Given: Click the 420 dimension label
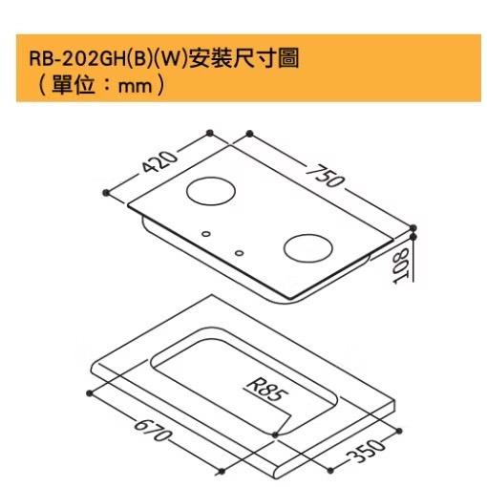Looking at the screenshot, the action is (x=159, y=161).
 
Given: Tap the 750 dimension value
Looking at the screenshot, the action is (x=325, y=176).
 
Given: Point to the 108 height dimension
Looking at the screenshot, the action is (x=402, y=265).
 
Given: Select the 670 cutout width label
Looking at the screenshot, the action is (x=154, y=430).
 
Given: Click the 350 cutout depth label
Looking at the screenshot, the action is (x=366, y=450).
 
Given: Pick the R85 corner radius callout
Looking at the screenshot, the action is (x=267, y=391).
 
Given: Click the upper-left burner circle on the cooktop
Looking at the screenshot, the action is (x=211, y=191).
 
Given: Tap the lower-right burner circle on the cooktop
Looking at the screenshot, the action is (x=308, y=248).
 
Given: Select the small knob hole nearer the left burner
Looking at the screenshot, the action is (x=206, y=234).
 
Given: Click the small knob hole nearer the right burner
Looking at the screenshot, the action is (x=239, y=253).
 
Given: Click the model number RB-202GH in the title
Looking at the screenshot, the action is (x=77, y=59).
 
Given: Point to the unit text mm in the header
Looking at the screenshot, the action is (x=135, y=87).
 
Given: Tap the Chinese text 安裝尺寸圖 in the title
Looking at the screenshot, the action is (x=243, y=58).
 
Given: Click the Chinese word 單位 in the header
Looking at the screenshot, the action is (x=74, y=85).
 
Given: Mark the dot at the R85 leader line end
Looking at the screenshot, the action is (x=275, y=434).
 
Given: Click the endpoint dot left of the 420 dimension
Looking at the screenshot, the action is (x=106, y=193).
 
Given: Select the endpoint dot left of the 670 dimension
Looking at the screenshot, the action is (x=89, y=393).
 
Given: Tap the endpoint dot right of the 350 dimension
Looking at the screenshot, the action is (x=399, y=431).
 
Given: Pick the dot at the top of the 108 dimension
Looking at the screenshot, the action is (x=413, y=237).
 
